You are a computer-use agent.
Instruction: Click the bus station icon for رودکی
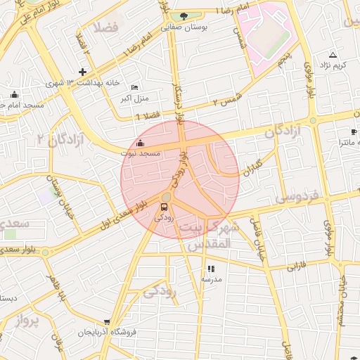(x=164, y=207)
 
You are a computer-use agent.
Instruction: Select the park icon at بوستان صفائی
(x=184, y=16)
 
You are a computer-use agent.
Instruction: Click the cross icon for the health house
(x=83, y=72)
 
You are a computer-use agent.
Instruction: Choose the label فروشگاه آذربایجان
(x=104, y=331)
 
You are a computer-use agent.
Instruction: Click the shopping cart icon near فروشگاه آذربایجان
(x=107, y=322)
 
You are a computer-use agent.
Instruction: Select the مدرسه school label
(x=212, y=279)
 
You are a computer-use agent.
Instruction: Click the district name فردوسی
(x=296, y=195)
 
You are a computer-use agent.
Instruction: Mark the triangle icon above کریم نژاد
(x=333, y=54)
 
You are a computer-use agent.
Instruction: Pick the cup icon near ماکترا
(x=353, y=131)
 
